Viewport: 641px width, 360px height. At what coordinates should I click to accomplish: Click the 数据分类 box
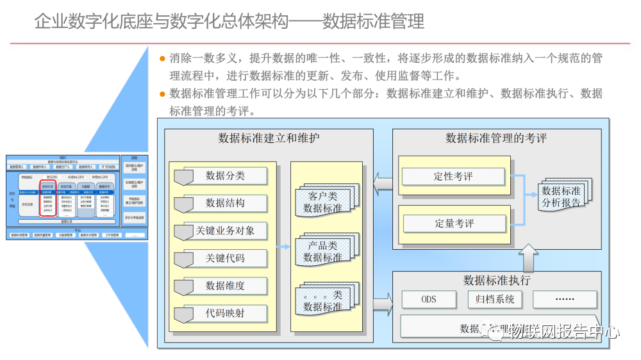click(x=224, y=176)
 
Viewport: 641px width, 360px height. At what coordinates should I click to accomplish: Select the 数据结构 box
click(x=224, y=203)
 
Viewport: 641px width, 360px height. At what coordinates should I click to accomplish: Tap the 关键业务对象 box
click(x=224, y=231)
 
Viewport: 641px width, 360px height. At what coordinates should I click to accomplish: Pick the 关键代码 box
click(x=224, y=258)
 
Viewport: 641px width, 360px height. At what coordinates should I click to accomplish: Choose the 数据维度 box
click(x=224, y=286)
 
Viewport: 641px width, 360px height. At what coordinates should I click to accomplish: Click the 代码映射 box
click(x=224, y=313)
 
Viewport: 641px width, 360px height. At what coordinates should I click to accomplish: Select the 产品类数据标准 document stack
click(x=324, y=251)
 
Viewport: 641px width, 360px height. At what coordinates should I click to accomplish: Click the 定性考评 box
click(x=453, y=176)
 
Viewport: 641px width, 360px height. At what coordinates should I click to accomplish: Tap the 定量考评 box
click(x=453, y=224)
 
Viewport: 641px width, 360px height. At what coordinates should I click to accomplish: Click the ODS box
click(x=428, y=299)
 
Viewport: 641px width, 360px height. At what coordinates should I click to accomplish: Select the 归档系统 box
click(x=495, y=299)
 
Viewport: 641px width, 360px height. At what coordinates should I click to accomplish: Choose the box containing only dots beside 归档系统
click(x=564, y=299)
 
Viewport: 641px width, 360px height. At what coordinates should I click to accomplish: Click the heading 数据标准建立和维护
click(x=269, y=138)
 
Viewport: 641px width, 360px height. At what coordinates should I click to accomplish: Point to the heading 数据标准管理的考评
click(x=496, y=138)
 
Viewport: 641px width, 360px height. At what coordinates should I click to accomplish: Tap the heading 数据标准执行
click(x=496, y=280)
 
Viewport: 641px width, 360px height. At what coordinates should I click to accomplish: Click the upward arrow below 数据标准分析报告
click(x=530, y=257)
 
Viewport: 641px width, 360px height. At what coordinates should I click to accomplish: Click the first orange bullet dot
click(x=163, y=58)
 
